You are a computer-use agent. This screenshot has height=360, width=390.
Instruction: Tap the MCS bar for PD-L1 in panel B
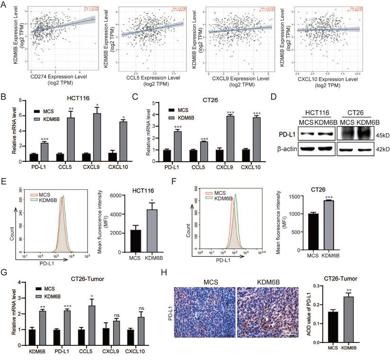33,156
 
